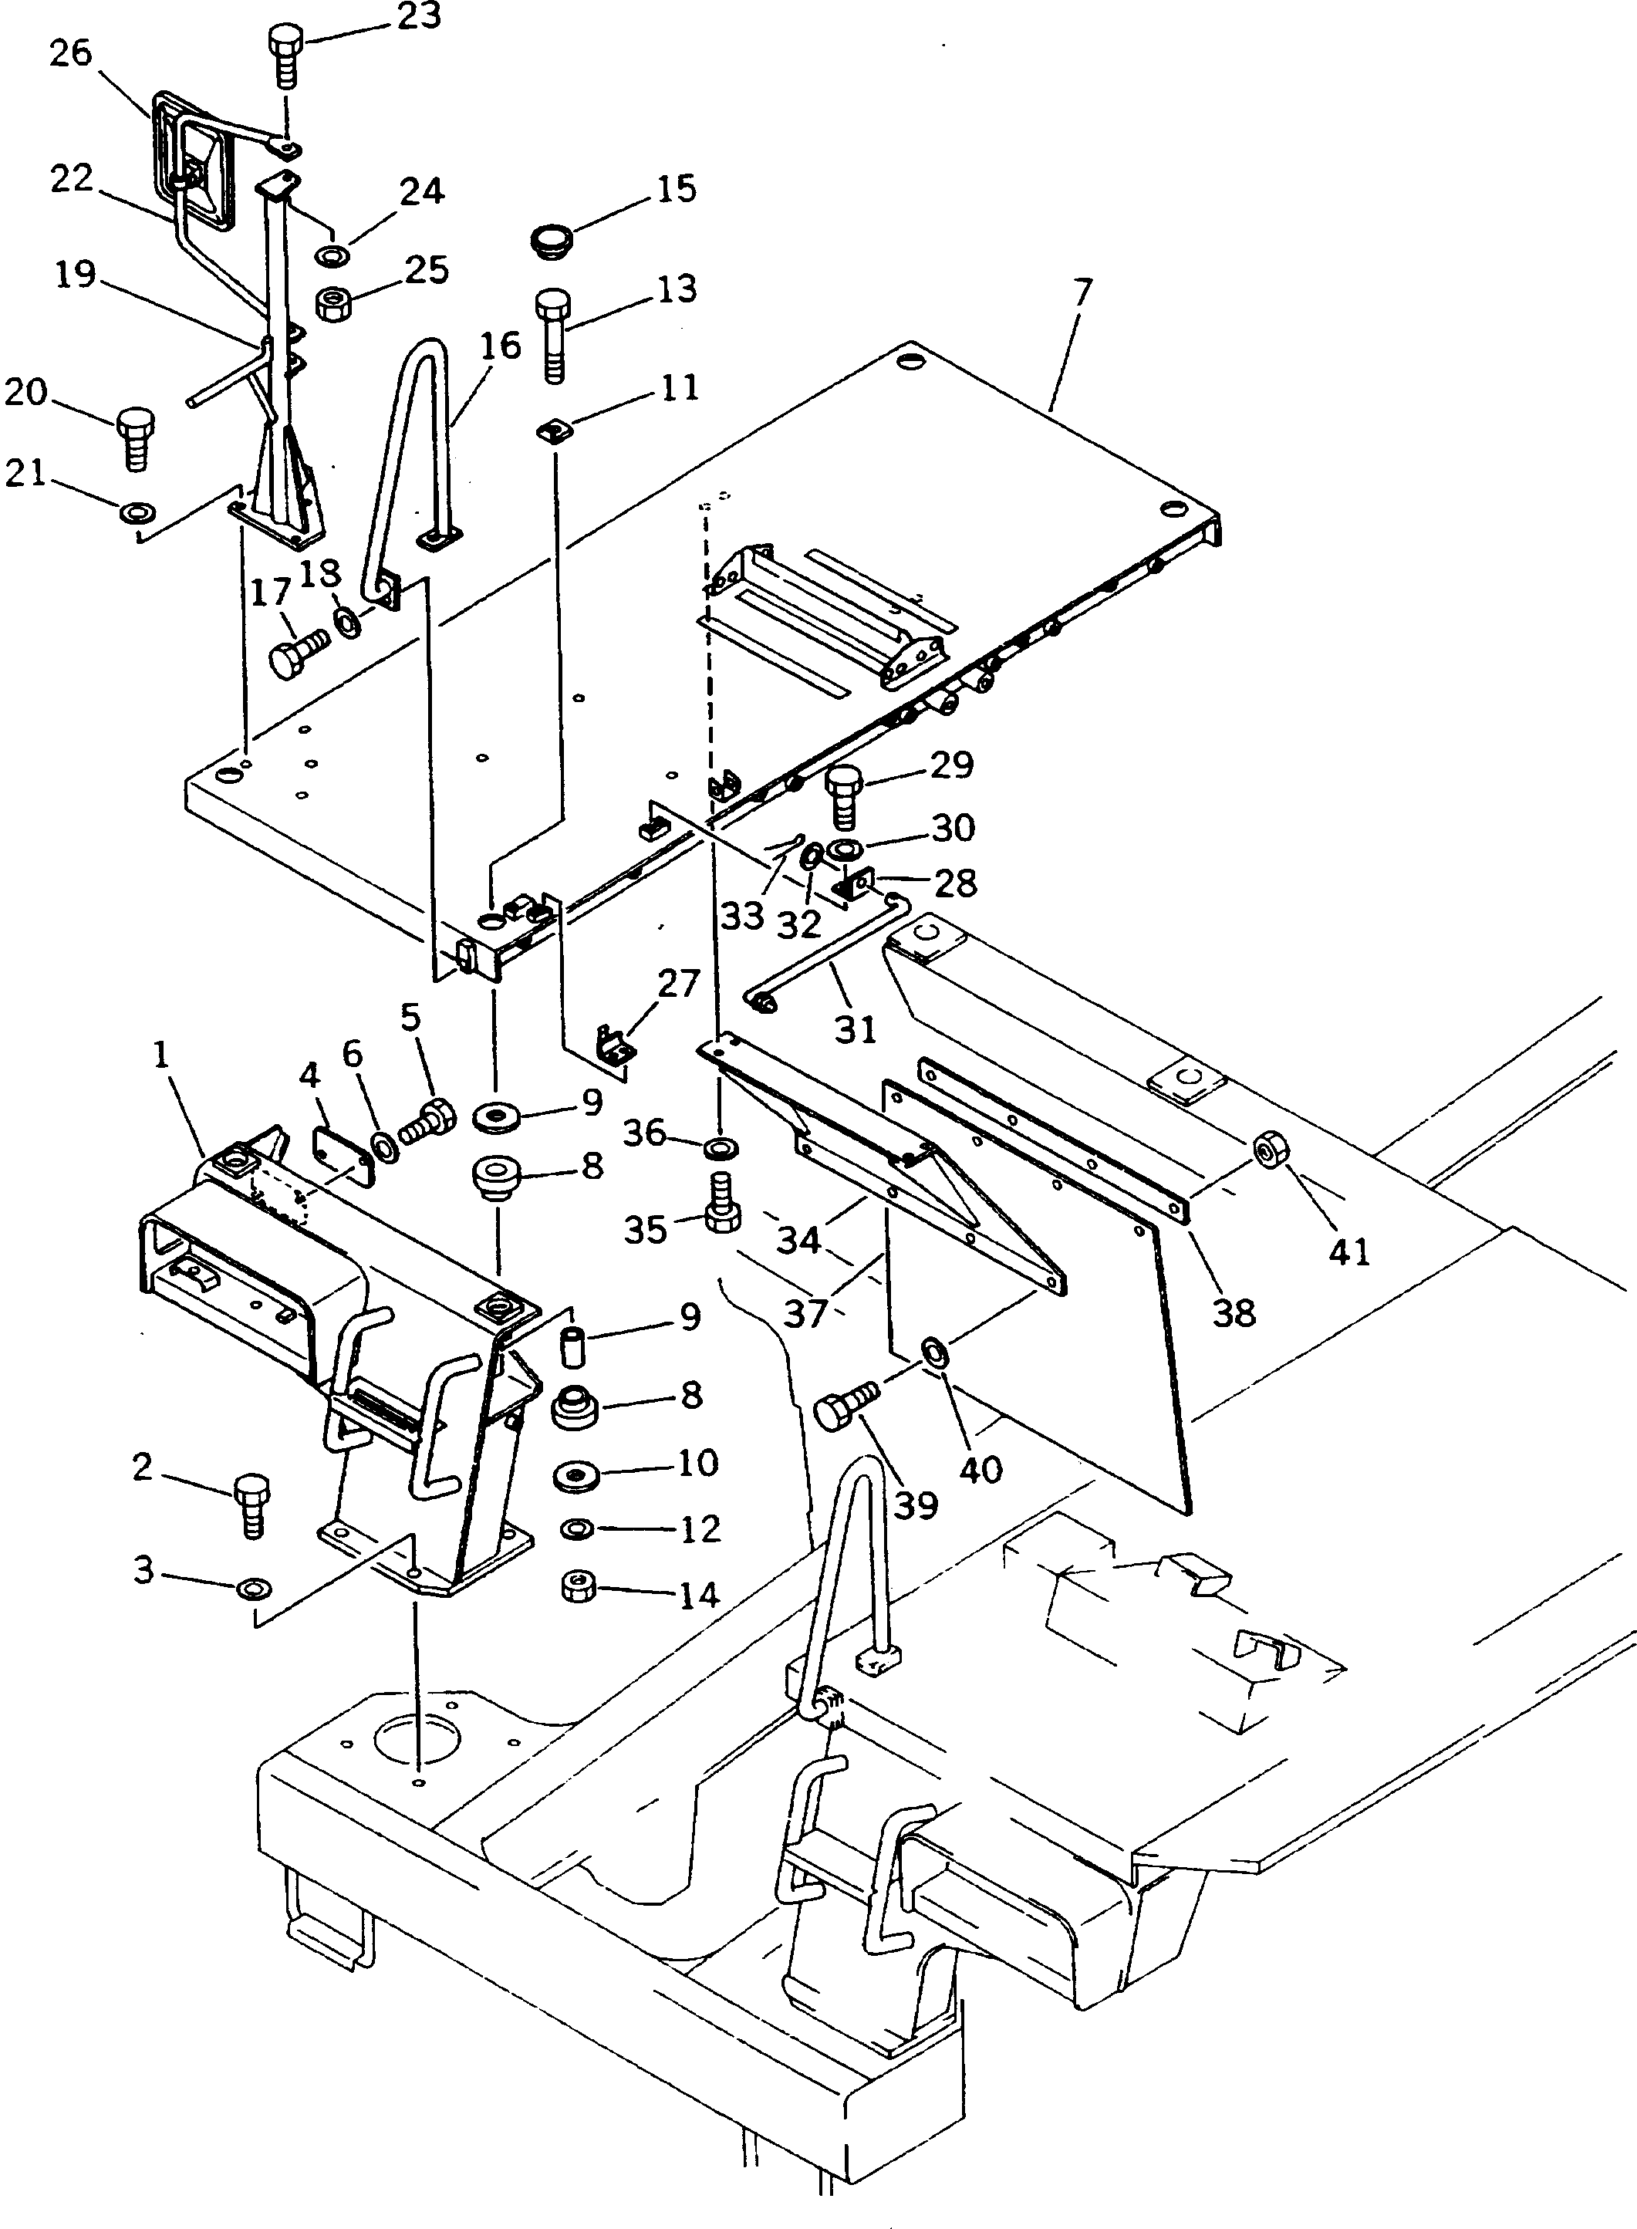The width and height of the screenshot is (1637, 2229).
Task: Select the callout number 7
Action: (1083, 292)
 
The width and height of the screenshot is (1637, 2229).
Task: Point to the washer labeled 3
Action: (248, 1591)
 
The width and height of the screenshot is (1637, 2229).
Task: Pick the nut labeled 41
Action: (1268, 1150)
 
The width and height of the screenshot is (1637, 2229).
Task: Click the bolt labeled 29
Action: (843, 795)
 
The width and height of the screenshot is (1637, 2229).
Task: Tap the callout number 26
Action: (70, 52)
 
